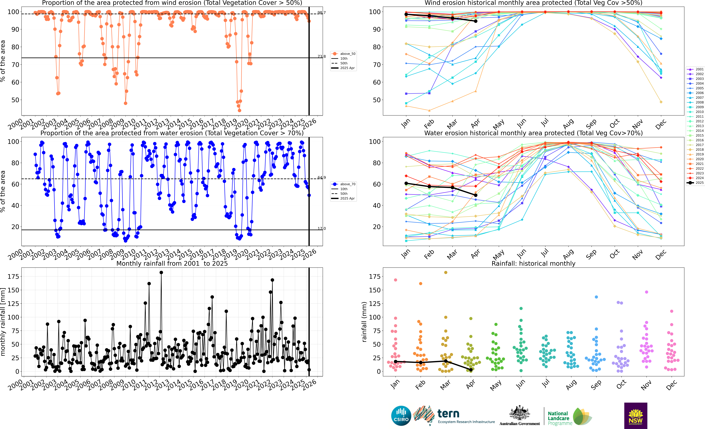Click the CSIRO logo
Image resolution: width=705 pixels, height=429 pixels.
[401, 416]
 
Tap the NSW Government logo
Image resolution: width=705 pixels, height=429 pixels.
[636, 416]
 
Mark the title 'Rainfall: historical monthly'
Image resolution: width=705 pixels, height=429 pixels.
[533, 263]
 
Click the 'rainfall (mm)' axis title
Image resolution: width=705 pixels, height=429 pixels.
[364, 322]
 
